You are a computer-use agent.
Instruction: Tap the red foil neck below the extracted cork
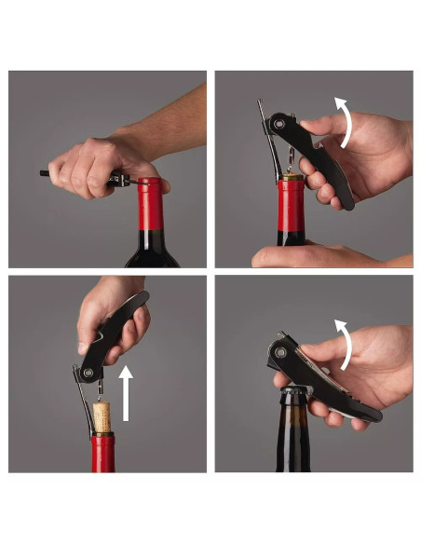[102, 452]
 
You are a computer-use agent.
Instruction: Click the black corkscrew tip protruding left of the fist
[45, 172]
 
